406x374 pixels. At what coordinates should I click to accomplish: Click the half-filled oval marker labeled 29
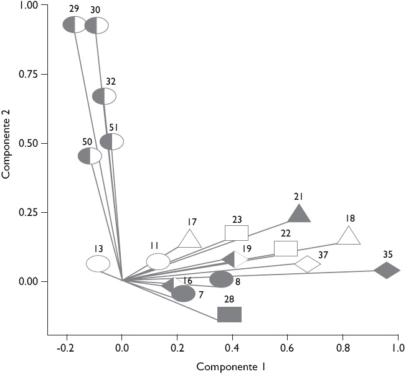pos(75,25)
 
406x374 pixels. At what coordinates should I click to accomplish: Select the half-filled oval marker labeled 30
pos(97,26)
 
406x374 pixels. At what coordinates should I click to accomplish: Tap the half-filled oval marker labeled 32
pos(104,96)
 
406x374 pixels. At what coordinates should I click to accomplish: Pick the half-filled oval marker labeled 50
pos(90,156)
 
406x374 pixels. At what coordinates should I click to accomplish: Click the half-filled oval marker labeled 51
pos(112,142)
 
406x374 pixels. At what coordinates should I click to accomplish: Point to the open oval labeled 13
pos(98,264)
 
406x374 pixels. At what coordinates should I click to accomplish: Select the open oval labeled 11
pos(158,262)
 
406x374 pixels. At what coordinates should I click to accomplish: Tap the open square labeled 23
pos(237,233)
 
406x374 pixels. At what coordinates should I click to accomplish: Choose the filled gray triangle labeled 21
pos(300,215)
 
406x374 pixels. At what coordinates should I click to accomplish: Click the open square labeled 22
pos(286,248)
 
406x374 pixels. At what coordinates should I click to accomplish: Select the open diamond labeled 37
pos(308,264)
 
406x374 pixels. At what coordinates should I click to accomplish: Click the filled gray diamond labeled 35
pos(387,271)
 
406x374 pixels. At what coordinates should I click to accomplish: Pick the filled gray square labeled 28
pos(230,314)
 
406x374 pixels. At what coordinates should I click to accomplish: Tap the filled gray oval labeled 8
pos(221,279)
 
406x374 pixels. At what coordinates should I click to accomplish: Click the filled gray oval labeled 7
pos(183,294)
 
